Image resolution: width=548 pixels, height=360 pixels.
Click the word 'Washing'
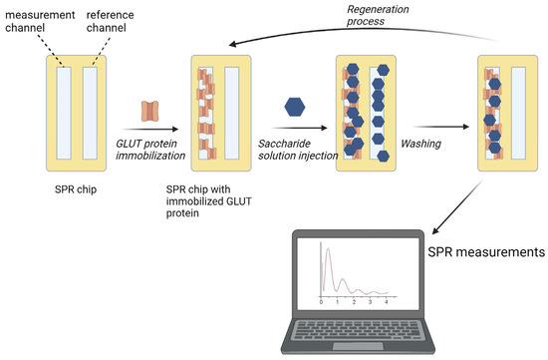[x=422, y=143]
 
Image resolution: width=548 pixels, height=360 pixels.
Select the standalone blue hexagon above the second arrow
[x=295, y=106]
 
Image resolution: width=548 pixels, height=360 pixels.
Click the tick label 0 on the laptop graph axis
[x=321, y=300]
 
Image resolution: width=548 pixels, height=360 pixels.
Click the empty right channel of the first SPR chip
[x=91, y=112]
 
